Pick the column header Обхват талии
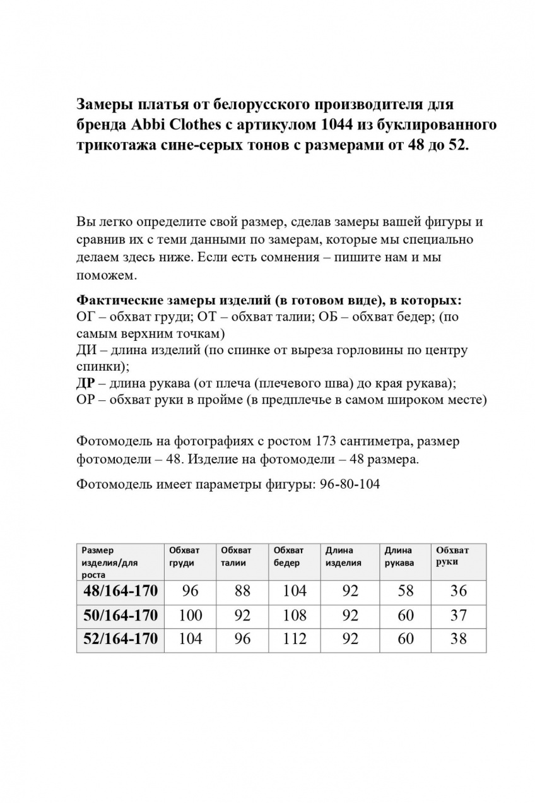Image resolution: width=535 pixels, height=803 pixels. point(236,556)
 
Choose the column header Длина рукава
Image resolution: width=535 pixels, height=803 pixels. point(399,556)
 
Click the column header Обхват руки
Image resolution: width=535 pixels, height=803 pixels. point(452,556)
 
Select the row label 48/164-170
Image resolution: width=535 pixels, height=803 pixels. point(120,591)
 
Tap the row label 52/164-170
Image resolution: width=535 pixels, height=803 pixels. point(120,638)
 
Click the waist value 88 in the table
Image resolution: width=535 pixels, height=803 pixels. point(242,591)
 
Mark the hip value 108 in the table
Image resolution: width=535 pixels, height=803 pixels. point(294,615)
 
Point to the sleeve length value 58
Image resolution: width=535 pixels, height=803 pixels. point(405,591)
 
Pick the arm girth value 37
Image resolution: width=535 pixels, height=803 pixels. point(459,615)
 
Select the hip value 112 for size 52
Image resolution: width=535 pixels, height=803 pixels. point(294,638)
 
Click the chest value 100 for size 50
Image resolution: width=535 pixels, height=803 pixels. point(190,615)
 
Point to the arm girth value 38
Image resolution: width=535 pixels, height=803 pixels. point(459,638)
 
